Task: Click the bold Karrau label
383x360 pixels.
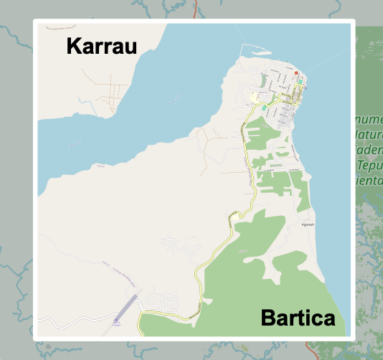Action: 101,47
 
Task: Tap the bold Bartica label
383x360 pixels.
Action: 298,318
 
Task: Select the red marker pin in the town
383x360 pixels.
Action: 295,73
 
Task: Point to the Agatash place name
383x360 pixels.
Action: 308,224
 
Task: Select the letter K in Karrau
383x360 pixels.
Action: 72,47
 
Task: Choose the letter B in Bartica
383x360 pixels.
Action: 268,318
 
